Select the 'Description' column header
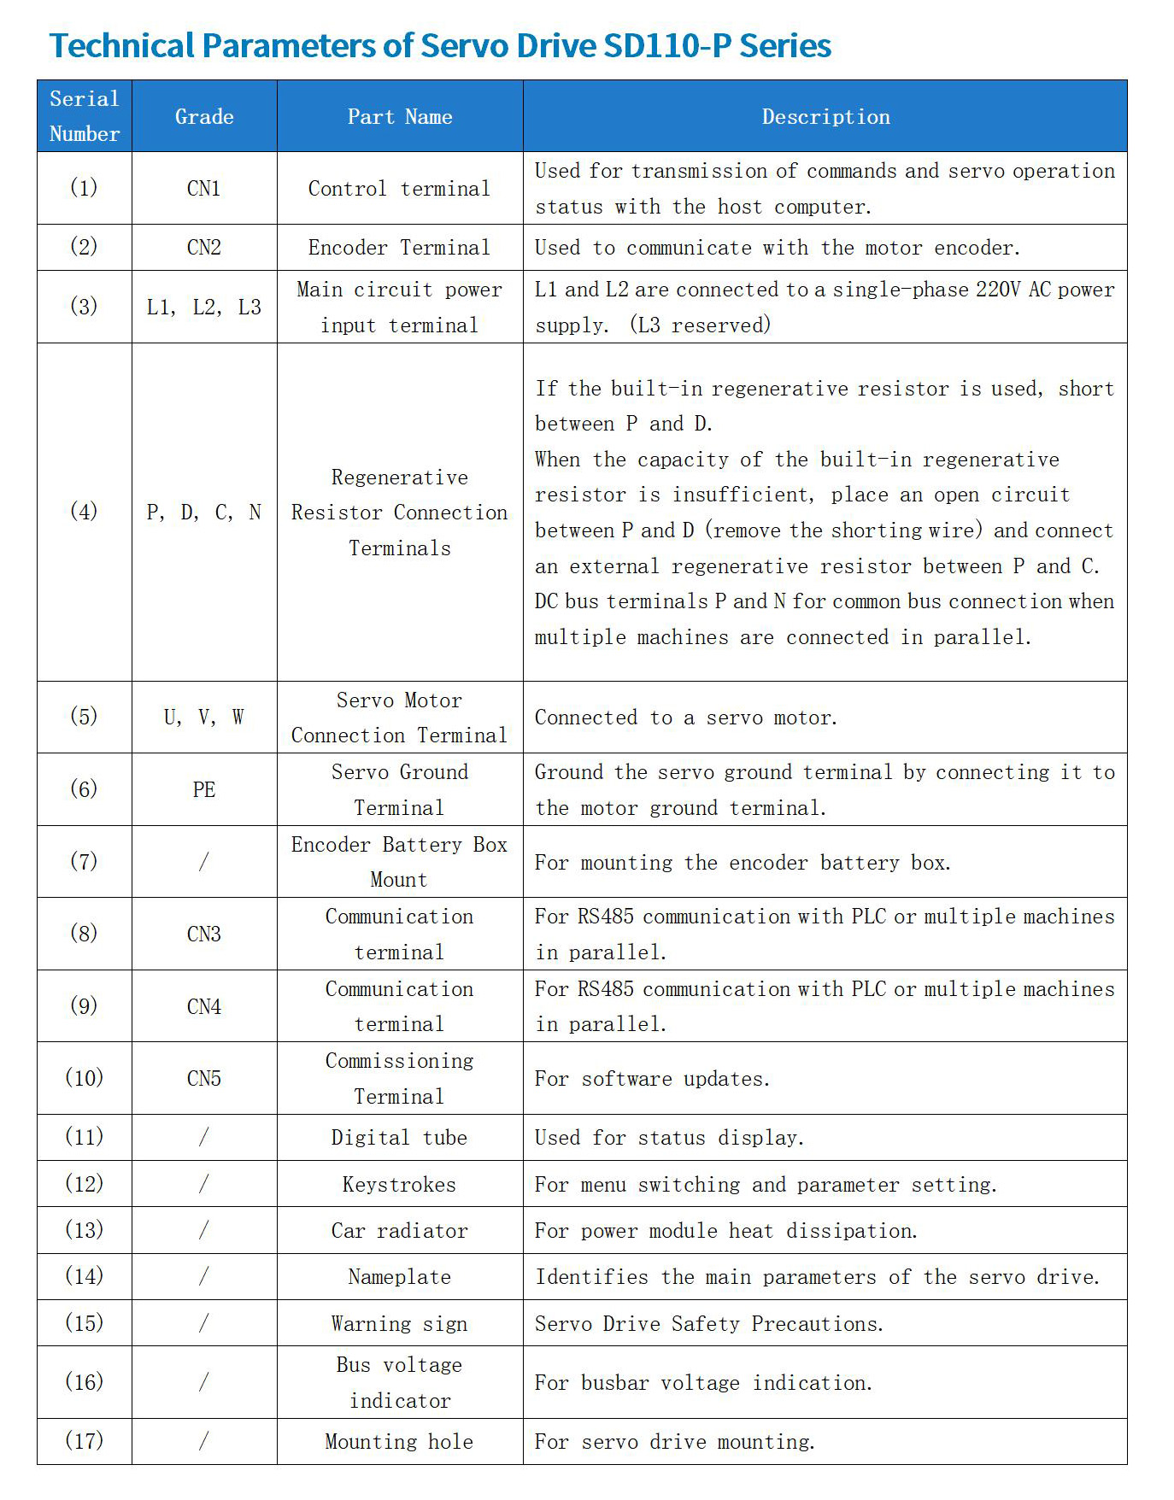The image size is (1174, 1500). [825, 117]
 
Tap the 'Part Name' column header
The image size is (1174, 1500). [400, 117]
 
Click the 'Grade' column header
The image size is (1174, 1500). [204, 117]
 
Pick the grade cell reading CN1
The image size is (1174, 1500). [204, 189]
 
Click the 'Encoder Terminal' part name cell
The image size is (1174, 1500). [400, 248]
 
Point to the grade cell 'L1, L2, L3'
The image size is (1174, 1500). [204, 308]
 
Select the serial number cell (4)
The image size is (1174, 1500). [84, 512]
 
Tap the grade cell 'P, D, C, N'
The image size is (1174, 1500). [204, 513]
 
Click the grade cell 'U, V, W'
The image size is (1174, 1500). [204, 718]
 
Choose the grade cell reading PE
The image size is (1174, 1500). [204, 789]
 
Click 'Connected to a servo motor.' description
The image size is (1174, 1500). [685, 718]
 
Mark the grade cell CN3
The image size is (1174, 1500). [204, 934]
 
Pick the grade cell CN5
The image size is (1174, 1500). [204, 1078]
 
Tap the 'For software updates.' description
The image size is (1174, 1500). [652, 1079]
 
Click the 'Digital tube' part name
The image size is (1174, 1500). [400, 1138]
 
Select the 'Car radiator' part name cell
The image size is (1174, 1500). [400, 1231]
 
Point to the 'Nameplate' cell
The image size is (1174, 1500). [400, 1277]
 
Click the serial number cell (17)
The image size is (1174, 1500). [84, 1441]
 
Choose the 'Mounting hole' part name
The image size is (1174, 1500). [400, 1442]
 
